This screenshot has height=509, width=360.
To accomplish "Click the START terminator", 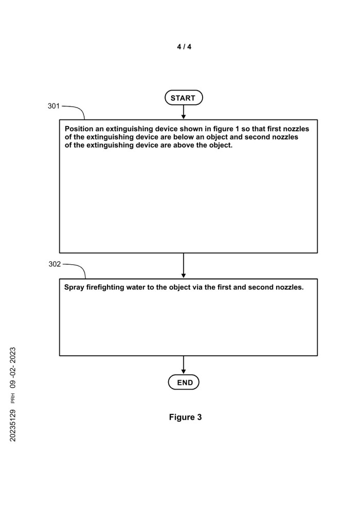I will [183, 98].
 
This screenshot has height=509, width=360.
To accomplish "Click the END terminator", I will [184, 383].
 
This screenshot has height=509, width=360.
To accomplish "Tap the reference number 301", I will [53, 106].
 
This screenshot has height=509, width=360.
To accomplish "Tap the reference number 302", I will [55, 264].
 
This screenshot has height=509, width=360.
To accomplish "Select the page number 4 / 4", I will [184, 47].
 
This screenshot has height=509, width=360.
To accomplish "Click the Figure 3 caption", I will [185, 417].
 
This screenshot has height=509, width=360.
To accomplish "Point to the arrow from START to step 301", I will [184, 112].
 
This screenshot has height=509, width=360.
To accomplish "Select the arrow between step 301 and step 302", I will [184, 265].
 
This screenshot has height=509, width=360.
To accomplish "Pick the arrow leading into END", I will [184, 366].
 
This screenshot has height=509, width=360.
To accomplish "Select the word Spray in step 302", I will [74, 287].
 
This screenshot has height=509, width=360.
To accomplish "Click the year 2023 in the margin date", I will [13, 357].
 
